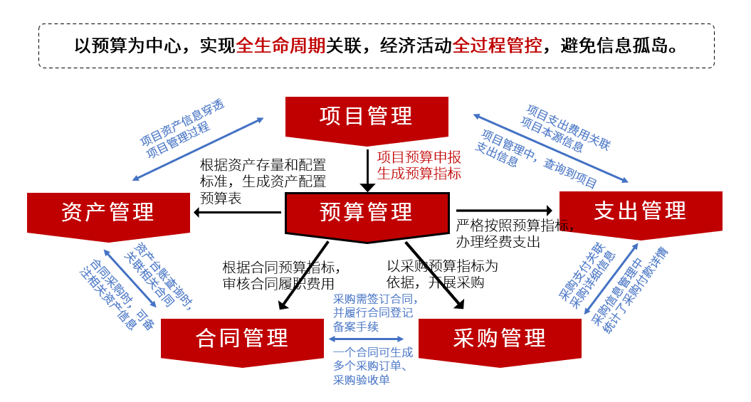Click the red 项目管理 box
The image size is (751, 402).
[x=367, y=116]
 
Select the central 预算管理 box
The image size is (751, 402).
[x=367, y=212]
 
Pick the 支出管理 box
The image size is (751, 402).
[x=641, y=211]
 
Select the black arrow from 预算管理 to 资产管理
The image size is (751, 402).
[x=238, y=212]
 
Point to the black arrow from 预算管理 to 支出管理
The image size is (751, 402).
[x=504, y=210]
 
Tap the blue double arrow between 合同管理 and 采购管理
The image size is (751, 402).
[x=367, y=339]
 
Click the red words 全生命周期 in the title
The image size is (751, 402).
[x=280, y=46]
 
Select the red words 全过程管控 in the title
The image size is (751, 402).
[x=497, y=46]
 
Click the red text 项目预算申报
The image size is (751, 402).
[x=419, y=157]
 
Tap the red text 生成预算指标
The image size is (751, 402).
[x=419, y=173]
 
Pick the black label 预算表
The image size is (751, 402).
[x=221, y=199]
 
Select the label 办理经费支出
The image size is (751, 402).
[x=498, y=242]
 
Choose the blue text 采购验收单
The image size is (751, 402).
[x=362, y=380]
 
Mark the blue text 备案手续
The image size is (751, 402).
[x=356, y=326]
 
